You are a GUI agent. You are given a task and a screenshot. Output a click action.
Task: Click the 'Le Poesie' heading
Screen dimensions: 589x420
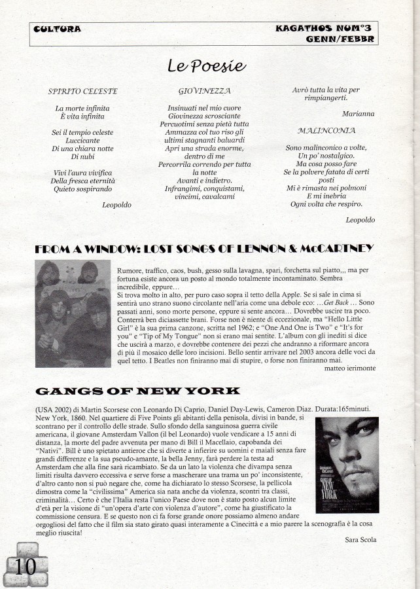coord(206,66)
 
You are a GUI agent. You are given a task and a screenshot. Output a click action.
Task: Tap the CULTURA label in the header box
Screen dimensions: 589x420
coord(58,29)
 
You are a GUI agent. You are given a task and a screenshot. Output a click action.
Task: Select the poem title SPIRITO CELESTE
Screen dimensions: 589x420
coord(82,91)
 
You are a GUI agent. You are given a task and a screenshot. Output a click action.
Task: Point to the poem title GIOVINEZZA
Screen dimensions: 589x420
coord(204,91)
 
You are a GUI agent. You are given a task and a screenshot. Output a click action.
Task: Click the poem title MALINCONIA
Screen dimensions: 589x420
coord(326,130)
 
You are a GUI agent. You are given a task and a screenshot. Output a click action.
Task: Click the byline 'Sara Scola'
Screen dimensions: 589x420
coord(361,539)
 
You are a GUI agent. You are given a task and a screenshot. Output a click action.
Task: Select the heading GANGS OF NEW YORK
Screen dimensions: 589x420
coord(137,391)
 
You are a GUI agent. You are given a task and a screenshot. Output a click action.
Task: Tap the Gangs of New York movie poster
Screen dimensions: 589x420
coord(347,465)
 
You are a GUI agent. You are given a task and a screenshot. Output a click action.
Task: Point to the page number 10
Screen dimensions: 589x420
coord(26,566)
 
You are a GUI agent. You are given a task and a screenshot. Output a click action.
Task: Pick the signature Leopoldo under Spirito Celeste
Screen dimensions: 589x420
coord(117,205)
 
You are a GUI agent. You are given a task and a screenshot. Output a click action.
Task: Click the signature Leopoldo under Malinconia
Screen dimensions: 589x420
coord(360,219)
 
